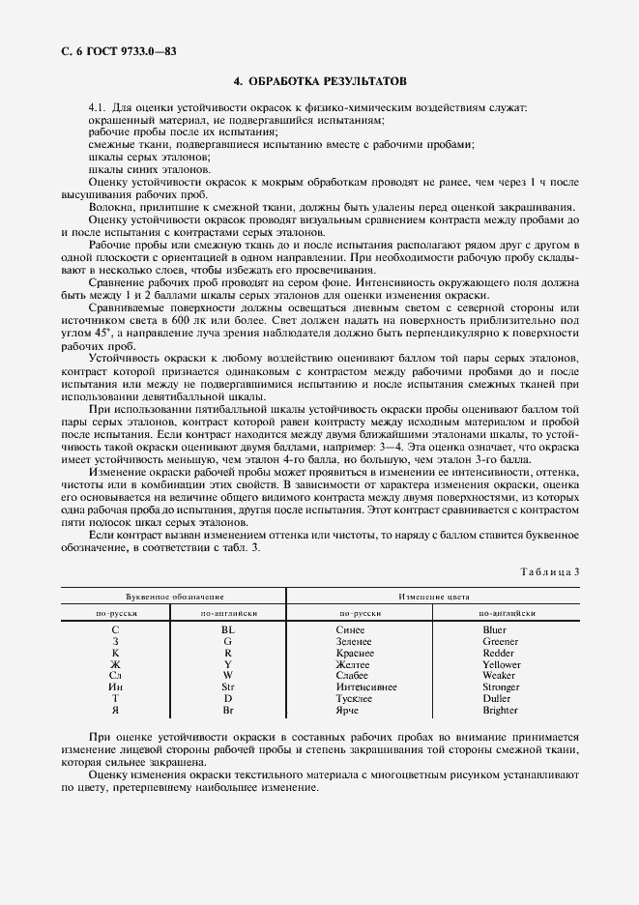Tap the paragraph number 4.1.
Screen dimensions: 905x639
coord(97,107)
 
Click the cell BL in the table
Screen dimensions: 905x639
coord(227,629)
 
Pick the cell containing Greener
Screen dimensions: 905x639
coord(501,641)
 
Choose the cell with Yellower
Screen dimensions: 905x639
coord(501,664)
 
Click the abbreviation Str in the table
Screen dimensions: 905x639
coord(227,687)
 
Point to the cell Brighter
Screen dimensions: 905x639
coord(501,711)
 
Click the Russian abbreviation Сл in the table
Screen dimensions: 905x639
coord(115,676)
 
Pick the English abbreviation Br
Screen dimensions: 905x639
coord(227,711)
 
